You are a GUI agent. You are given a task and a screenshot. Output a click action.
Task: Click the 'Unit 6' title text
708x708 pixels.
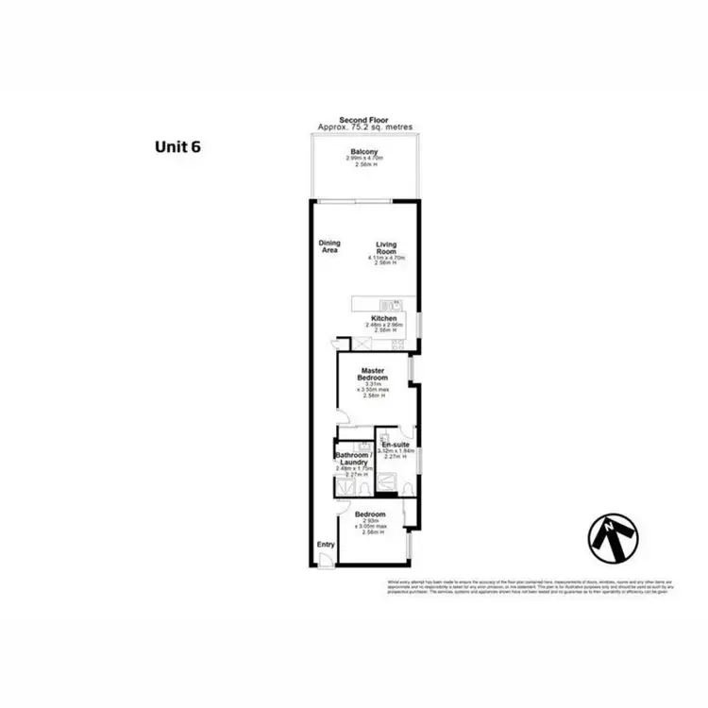(x=177, y=146)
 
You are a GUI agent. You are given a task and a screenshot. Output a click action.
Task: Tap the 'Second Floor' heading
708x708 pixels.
(x=364, y=120)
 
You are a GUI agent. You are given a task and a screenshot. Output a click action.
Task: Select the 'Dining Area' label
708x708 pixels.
(x=329, y=246)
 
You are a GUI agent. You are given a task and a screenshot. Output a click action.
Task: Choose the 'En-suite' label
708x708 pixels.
(x=395, y=444)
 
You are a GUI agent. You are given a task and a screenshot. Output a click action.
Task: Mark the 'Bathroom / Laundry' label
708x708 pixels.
(x=351, y=459)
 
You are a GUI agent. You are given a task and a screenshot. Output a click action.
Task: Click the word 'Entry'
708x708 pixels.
(x=326, y=545)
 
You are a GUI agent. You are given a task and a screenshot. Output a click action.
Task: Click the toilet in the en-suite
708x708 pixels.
(x=405, y=487)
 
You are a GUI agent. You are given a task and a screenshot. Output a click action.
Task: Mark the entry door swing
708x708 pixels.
(x=324, y=560)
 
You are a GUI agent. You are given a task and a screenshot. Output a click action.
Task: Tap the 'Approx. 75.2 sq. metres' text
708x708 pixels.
(x=364, y=127)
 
